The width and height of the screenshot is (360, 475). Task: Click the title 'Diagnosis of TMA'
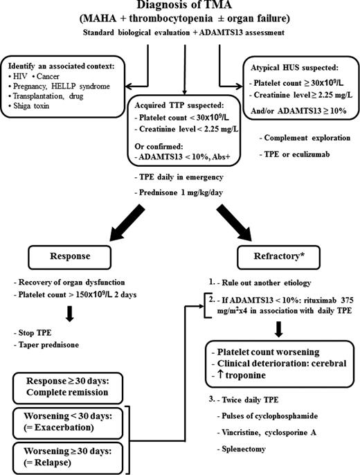(179, 8)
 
